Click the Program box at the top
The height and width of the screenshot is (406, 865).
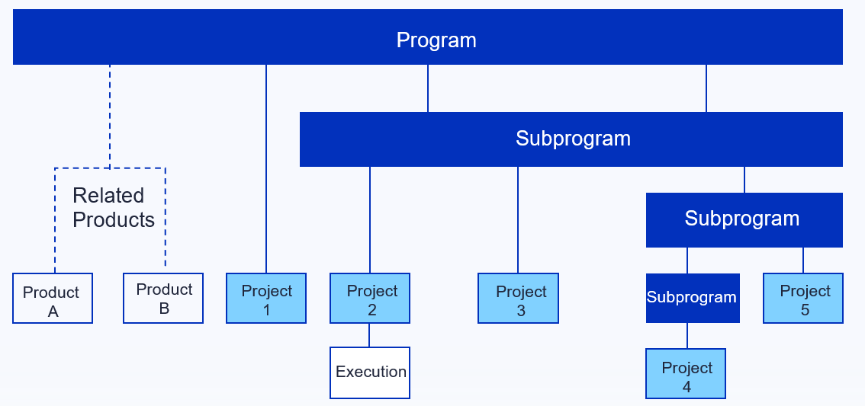[x=427, y=37]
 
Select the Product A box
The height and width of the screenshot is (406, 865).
[x=53, y=298]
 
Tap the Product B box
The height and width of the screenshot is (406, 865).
[x=163, y=298]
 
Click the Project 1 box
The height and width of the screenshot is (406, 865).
[x=266, y=298]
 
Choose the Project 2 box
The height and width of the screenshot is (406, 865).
[x=370, y=298]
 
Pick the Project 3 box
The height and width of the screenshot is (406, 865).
[x=518, y=298]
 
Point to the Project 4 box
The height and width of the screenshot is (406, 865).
[x=686, y=373]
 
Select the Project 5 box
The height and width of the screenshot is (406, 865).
[x=803, y=298]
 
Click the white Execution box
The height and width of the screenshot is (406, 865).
[x=370, y=372]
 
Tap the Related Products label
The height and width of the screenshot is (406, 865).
[x=114, y=208]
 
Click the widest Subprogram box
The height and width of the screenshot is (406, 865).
[x=571, y=139]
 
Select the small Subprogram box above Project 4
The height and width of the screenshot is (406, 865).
[x=693, y=298]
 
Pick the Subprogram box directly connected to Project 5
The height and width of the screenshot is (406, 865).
[x=744, y=220]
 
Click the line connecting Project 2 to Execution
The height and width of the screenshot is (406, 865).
[x=369, y=335]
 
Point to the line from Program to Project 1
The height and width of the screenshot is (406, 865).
[x=266, y=168]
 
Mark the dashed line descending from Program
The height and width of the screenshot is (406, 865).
[x=109, y=117]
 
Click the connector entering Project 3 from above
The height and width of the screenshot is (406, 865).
[x=517, y=220]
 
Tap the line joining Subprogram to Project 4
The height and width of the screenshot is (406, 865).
[x=687, y=335]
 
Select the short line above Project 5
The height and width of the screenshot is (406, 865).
[x=802, y=260]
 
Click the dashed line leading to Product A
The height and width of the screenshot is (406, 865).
[x=55, y=220]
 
